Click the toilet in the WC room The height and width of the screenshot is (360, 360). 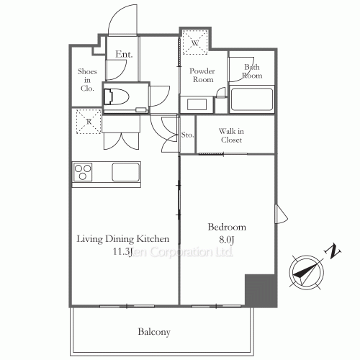[x=116, y=96]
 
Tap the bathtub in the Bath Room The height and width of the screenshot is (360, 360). [x=252, y=99]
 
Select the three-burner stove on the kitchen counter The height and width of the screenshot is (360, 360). [x=83, y=172]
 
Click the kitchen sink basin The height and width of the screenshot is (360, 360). [x=126, y=172]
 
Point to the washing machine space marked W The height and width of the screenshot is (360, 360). [x=195, y=42]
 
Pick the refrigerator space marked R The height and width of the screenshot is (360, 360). [x=89, y=122]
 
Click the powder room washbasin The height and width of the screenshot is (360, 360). [x=197, y=104]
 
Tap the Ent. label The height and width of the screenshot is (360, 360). [x=124, y=54]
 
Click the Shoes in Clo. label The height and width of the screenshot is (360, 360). [x=87, y=80]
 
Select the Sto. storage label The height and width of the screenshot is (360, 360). [x=187, y=135]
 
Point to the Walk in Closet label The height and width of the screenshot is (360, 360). [x=231, y=135]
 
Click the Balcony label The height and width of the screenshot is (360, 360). [x=154, y=332]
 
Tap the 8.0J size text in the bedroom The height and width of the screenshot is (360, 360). [x=226, y=240]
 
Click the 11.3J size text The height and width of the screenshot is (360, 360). [x=122, y=252]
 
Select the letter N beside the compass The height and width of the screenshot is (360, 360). [x=333, y=252]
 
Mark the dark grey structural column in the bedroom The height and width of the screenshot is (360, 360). [x=261, y=290]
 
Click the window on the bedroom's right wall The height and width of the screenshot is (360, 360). [x=281, y=214]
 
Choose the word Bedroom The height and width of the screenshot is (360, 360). [x=227, y=227]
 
